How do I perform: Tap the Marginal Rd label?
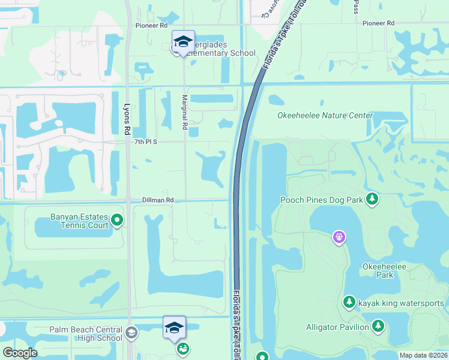click(185, 113)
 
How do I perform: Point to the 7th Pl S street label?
click(145, 142)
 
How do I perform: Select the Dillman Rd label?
click(157, 200)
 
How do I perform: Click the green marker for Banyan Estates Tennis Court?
click(118, 221)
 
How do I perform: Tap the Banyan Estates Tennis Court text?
click(74, 221)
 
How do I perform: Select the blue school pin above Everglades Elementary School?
click(183, 41)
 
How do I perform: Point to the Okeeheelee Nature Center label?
click(325, 115)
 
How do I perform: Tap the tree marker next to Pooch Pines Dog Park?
click(373, 199)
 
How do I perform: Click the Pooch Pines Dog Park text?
click(321, 199)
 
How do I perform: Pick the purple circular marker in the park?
click(339, 238)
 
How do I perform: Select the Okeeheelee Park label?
click(378, 271)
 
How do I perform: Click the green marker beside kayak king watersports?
click(349, 302)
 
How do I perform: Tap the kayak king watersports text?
click(401, 303)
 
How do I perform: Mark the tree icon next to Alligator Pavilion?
click(378, 326)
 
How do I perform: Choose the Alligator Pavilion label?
click(337, 327)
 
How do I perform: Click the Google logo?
click(20, 352)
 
